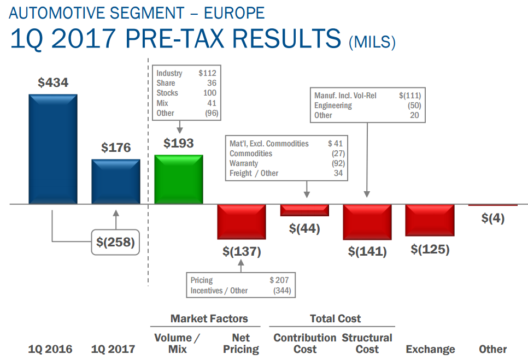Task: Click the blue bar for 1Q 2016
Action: [x=53, y=149]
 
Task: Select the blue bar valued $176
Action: [x=115, y=181]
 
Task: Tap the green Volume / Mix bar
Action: [x=179, y=179]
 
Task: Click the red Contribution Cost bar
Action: [x=304, y=210]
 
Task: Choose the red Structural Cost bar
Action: [x=367, y=222]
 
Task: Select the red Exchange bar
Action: [x=430, y=220]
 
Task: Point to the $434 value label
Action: [x=53, y=83]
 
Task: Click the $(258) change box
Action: [x=115, y=243]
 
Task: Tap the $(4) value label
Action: [x=492, y=218]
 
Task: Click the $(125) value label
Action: [x=430, y=250]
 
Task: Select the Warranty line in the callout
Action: [x=244, y=163]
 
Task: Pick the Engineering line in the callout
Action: [x=333, y=105]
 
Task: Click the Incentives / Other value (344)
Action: [x=280, y=291]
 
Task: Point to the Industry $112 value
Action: [x=207, y=73]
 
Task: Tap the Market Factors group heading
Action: [x=209, y=318]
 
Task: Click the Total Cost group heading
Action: [x=335, y=318]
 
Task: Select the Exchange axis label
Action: [x=430, y=349]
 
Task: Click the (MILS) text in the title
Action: [x=372, y=43]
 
